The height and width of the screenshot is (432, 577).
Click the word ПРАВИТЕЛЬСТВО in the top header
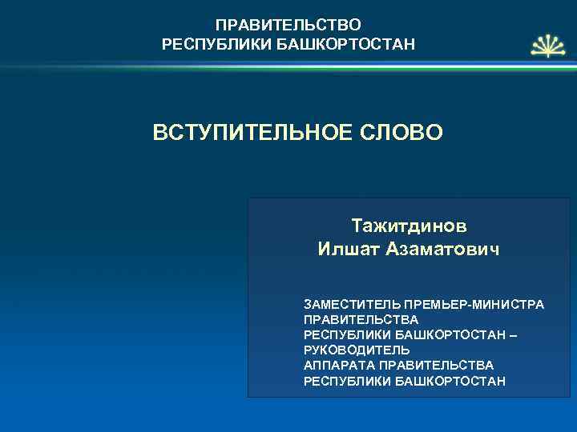(288, 26)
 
